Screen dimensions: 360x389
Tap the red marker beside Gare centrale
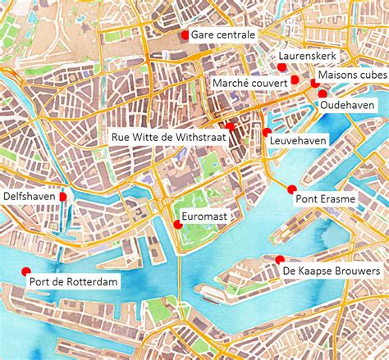pos(185,35)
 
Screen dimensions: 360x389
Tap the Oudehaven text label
pos(348,106)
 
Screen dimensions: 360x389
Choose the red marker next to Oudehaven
pos(322,94)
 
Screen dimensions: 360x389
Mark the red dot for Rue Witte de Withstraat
pos(232,126)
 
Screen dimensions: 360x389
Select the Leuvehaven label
pos(298,141)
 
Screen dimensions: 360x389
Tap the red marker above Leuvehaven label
pos(267,131)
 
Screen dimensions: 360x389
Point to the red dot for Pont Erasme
pos(291,189)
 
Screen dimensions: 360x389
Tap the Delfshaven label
pos(30,197)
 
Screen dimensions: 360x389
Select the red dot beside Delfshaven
pos(63,197)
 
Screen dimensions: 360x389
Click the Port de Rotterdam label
pos(74,282)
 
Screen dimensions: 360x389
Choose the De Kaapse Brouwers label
pos(331,270)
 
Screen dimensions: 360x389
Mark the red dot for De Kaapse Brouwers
pos(280,260)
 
